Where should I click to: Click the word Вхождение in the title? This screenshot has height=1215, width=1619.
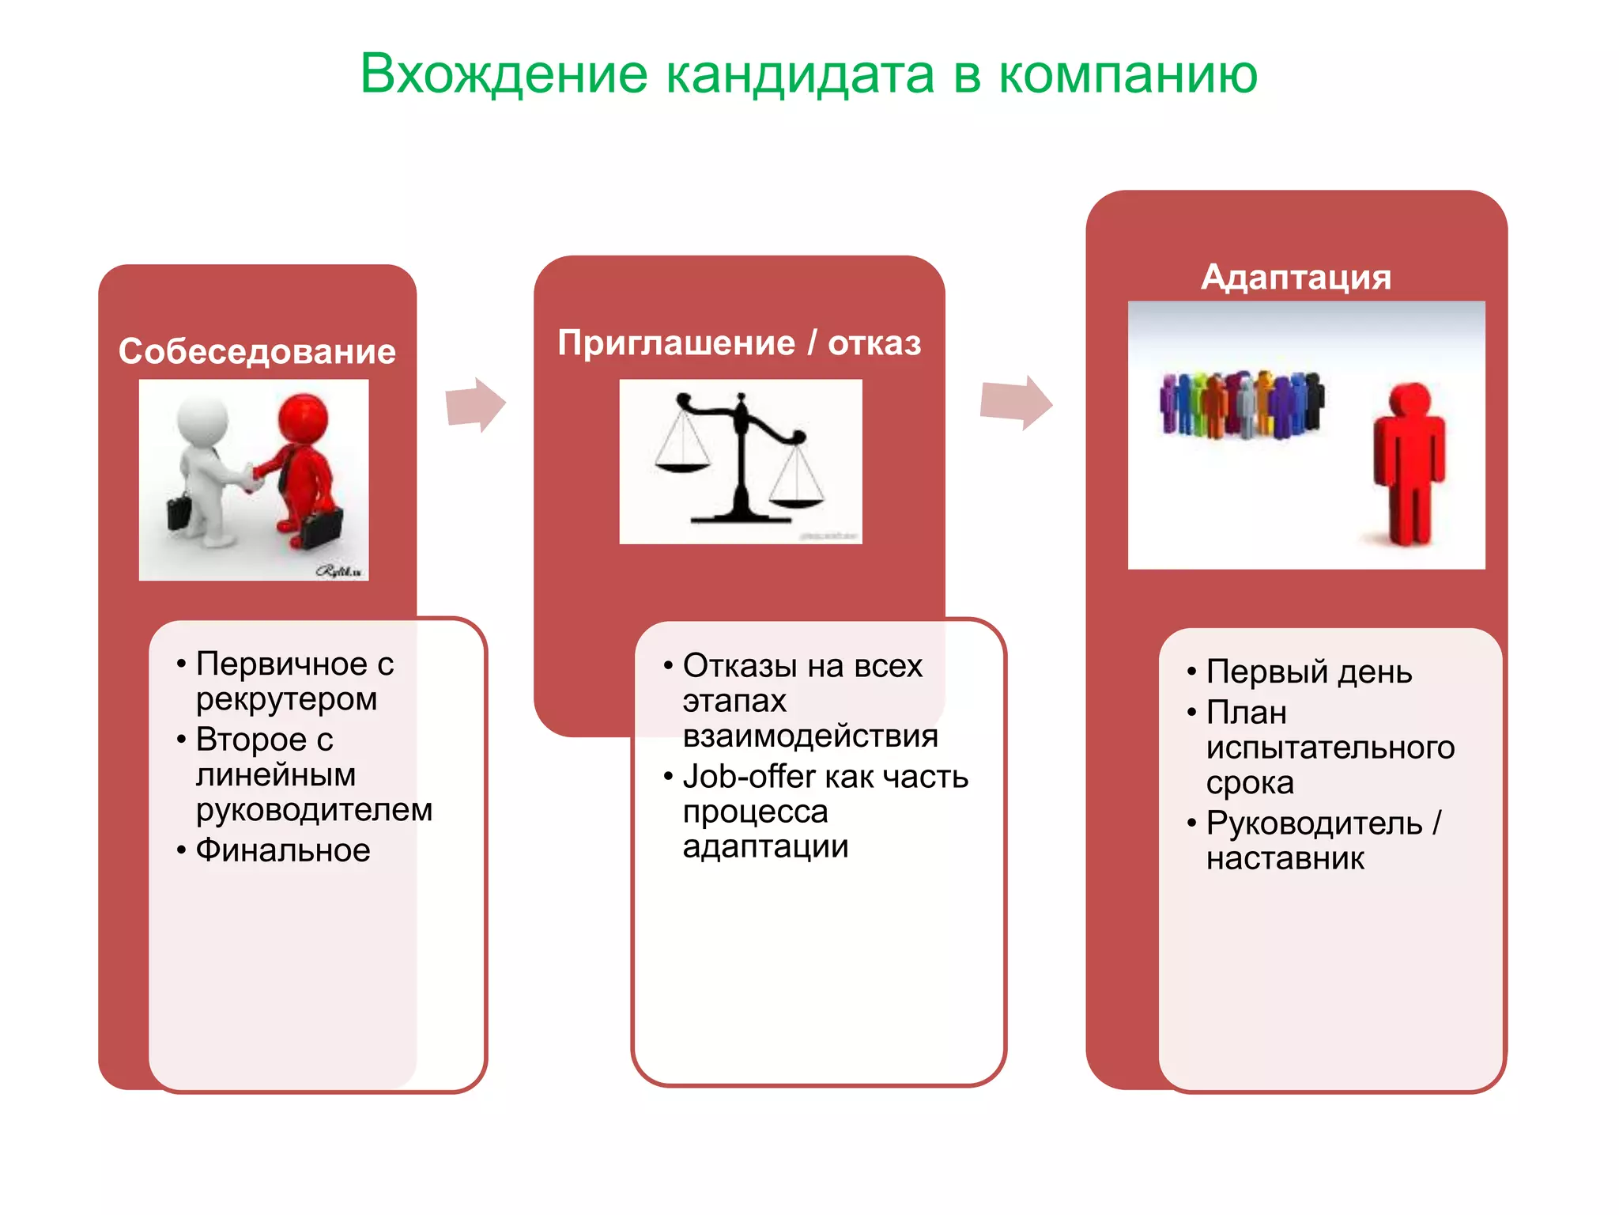coord(504,74)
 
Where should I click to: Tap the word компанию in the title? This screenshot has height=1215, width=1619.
coord(1128,74)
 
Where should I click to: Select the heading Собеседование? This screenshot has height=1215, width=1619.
coord(257,351)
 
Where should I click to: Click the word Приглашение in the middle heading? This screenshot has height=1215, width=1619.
coord(676,343)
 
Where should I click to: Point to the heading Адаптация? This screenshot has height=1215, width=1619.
coord(1296,277)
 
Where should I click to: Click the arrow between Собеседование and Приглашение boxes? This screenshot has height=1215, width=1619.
coord(475,405)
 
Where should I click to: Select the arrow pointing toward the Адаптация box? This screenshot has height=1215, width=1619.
coord(1016,402)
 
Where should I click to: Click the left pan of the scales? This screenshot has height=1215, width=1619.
coord(682,467)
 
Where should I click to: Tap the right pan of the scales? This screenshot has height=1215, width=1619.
coord(796,502)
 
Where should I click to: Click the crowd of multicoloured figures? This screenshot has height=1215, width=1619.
coord(1240,403)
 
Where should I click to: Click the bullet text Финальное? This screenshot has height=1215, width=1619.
coord(283,850)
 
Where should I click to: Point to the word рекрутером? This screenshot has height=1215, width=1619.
coord(286,699)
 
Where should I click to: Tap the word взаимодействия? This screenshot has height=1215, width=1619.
coord(810,736)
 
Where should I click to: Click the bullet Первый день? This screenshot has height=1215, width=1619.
coord(1308,672)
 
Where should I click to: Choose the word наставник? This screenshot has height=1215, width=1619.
coord(1285,858)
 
